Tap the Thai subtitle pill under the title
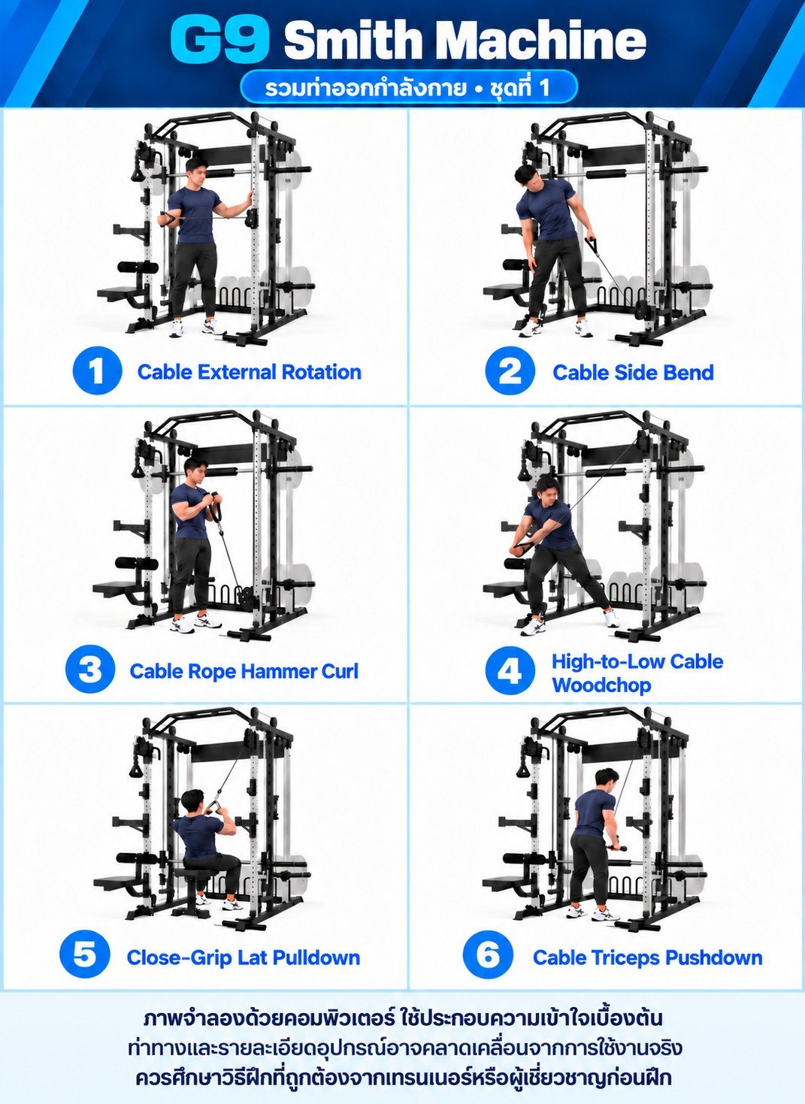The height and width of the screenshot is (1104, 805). pos(409,87)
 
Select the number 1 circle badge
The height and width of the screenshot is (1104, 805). pos(97,371)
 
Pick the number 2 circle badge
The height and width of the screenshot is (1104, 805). pos(510,371)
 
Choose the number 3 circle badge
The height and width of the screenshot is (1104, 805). pos(90,670)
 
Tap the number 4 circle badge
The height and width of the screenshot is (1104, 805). pos(510,671)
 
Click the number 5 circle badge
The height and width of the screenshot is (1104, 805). pos(85,954)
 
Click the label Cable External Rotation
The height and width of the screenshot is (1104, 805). pos(250,372)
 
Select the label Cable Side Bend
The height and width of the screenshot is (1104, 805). pos(633,373)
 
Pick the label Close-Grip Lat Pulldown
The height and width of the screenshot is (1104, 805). pos(244,957)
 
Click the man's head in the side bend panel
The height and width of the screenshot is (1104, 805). pos(526,177)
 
